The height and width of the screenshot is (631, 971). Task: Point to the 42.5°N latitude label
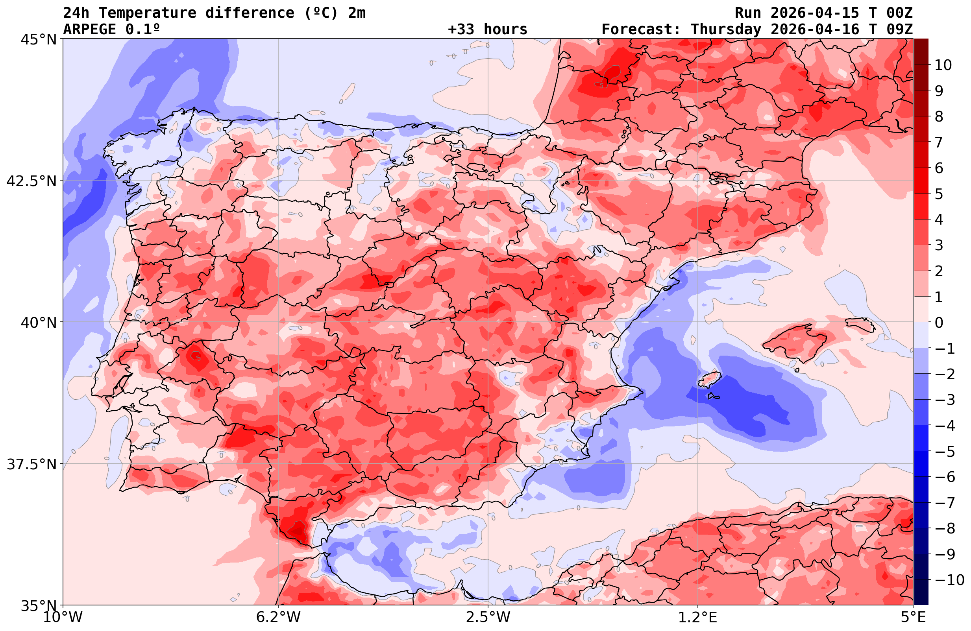coord(31,181)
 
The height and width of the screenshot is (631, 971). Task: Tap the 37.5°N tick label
coord(31,464)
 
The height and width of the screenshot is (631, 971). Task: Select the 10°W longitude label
coord(63,617)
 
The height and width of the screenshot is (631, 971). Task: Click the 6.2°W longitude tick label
coord(278,617)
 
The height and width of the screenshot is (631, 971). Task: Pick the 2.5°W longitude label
coord(488,617)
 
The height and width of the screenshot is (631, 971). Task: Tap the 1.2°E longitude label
coord(698,617)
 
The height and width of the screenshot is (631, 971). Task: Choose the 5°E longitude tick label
coord(913,617)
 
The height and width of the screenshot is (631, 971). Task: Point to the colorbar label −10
coord(949,579)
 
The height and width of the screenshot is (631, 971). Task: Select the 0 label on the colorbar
coord(939,323)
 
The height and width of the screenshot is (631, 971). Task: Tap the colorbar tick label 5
coord(939,194)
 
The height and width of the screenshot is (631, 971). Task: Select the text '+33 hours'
coord(488,30)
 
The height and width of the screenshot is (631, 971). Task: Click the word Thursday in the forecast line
coord(726,30)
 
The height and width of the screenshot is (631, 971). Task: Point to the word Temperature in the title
coord(147,13)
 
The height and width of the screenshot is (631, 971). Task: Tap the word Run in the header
coord(748,13)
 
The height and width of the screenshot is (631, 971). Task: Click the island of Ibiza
coord(710,379)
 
